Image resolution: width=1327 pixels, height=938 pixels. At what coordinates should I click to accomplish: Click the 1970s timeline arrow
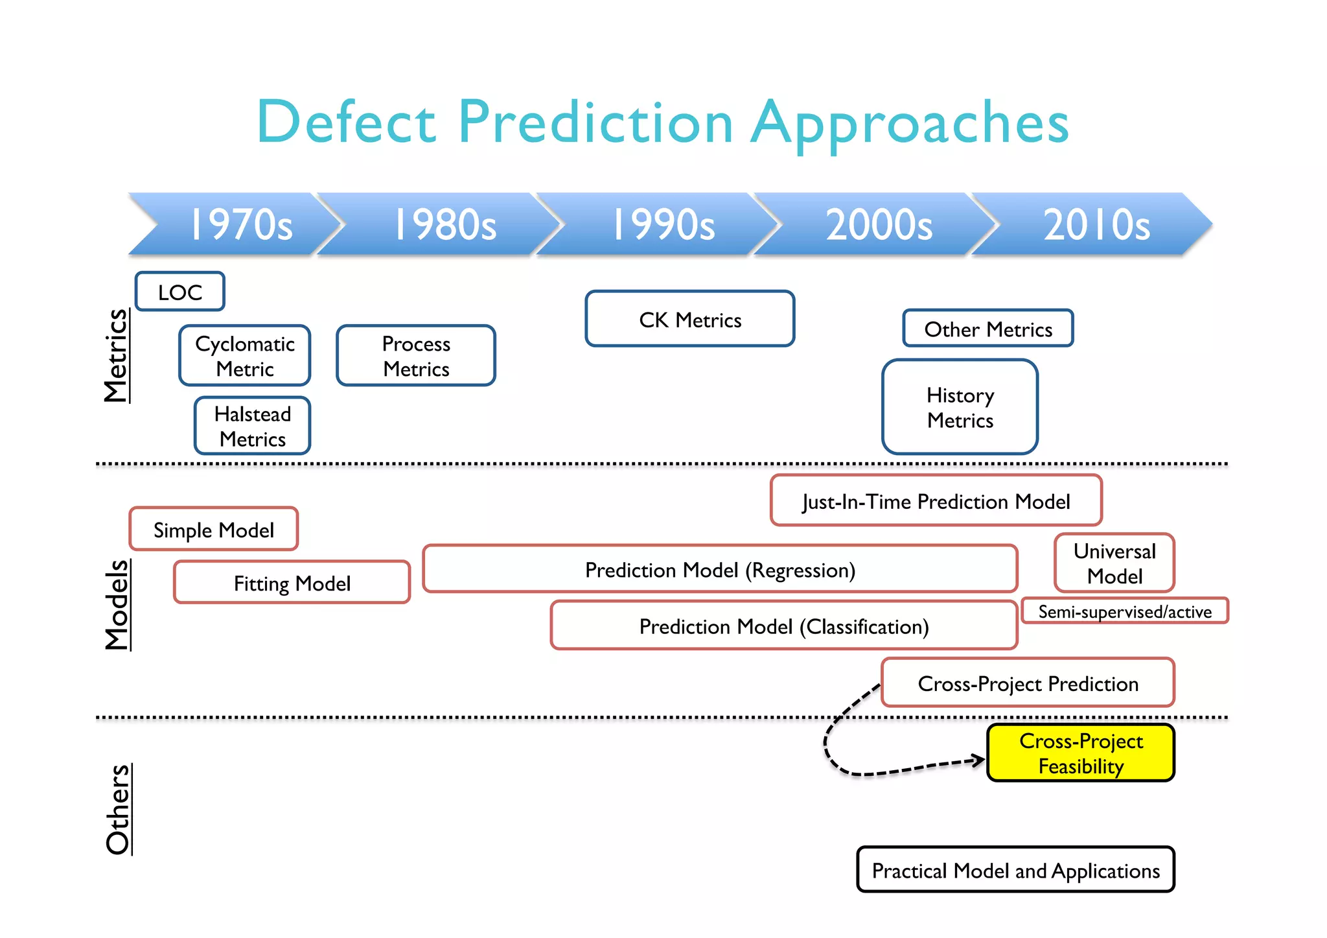[240, 224]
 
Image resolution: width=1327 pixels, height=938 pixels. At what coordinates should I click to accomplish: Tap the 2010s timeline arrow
[1096, 224]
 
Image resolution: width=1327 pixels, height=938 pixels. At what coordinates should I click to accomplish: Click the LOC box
[180, 292]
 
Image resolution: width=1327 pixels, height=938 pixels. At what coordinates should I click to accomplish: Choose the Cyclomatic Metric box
[245, 356]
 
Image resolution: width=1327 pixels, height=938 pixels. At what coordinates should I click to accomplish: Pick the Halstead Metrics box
[253, 426]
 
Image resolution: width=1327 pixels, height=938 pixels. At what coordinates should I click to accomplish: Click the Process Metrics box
[416, 356]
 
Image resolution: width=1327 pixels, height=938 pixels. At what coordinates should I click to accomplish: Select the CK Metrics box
[690, 319]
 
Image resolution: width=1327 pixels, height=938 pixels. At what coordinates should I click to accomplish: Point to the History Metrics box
[960, 407]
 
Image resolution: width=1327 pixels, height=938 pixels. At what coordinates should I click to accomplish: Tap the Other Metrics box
[988, 329]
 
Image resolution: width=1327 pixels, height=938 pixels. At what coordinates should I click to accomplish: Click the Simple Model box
[214, 530]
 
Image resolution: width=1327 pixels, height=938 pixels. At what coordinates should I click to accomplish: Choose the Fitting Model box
[292, 583]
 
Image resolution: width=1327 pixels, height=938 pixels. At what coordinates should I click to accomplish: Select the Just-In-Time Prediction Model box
[936, 500]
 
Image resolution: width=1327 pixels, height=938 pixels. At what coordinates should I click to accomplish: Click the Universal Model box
[1114, 563]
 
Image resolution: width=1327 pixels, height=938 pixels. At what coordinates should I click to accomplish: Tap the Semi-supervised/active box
[1125, 611]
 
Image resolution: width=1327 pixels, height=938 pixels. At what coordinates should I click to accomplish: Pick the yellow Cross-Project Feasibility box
[1081, 753]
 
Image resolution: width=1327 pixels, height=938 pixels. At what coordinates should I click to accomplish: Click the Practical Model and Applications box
[1015, 870]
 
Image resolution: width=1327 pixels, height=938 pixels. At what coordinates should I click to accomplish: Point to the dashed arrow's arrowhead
[978, 760]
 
